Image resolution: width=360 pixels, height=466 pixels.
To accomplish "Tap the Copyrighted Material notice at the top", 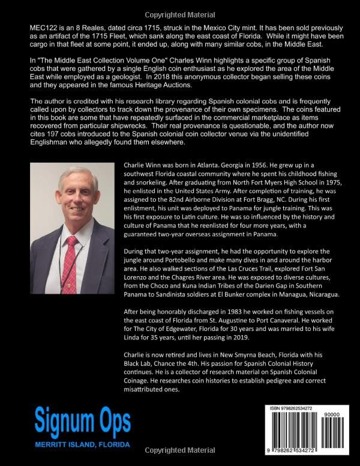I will pos(180,13).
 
